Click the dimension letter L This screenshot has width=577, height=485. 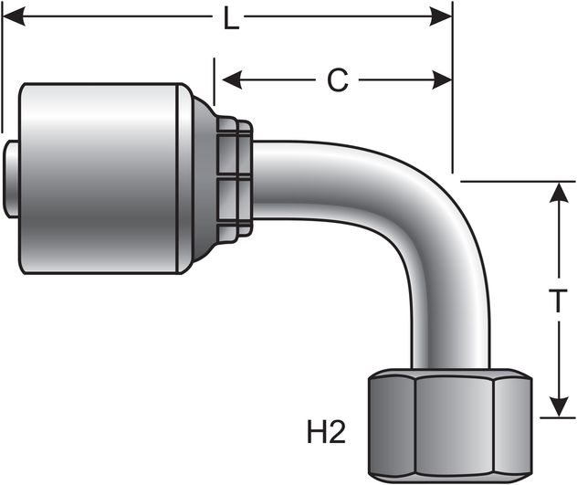pos(231,19)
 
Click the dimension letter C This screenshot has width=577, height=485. pos(338,80)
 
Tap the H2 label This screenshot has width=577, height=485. pos(327,431)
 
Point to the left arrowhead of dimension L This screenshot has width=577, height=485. pos(13,18)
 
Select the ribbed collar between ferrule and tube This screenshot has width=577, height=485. pos(235,179)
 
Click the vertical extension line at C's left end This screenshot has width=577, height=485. pos(214,82)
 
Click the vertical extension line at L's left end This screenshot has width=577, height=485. pos(3,73)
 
